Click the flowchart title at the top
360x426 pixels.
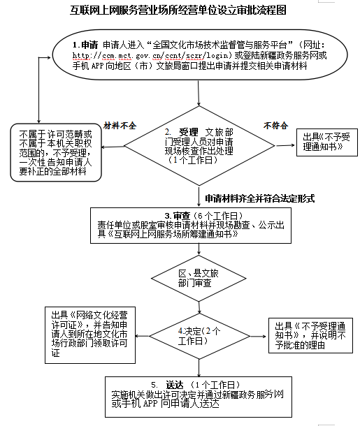tap(178, 10)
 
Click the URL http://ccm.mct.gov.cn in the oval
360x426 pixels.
tap(117, 55)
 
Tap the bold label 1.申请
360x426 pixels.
tap(85, 45)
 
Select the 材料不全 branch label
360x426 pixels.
tap(120, 126)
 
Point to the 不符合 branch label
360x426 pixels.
tap(275, 126)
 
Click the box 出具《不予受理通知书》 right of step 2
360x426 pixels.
tap(327, 142)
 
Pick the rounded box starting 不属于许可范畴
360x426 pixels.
tap(56, 152)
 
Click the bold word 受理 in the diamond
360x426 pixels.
tap(189, 132)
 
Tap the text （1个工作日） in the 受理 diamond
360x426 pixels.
tap(194, 160)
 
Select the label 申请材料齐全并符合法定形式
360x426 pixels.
tap(260, 198)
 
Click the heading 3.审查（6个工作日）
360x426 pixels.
tap(203, 216)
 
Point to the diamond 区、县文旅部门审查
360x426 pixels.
tap(199, 278)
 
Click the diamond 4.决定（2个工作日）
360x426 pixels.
tap(199, 337)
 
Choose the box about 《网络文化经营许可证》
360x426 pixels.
tap(90, 335)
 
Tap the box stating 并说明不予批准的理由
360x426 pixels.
tap(310, 335)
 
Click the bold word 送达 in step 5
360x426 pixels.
tap(175, 385)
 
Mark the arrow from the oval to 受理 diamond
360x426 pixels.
tap(199, 93)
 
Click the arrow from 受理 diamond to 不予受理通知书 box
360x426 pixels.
tap(285, 146)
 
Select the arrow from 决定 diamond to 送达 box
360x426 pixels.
tap(199, 368)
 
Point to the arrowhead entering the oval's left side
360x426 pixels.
tap(49, 57)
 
